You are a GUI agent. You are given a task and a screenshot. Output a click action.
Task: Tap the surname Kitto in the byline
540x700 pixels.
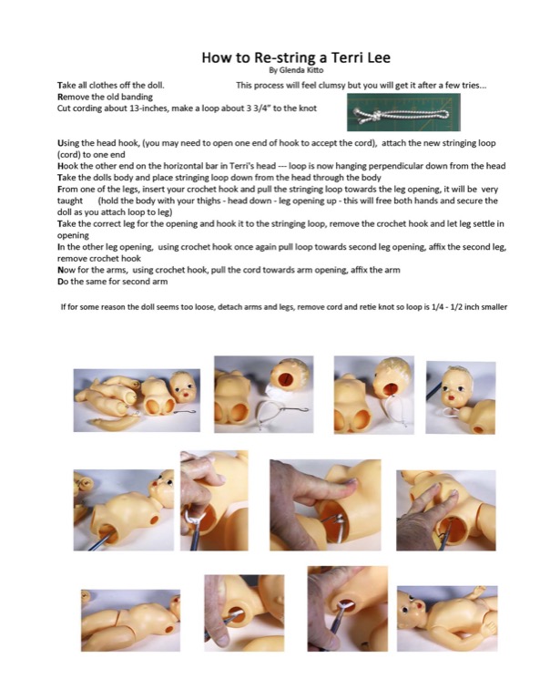(315, 70)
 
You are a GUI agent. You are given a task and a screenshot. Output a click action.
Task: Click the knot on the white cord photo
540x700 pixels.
(373, 115)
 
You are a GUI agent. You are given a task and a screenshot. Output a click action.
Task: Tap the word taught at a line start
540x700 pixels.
(70, 201)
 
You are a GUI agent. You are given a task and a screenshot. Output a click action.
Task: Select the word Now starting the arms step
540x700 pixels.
(65, 270)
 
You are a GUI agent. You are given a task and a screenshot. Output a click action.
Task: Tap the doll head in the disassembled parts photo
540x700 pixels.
(182, 387)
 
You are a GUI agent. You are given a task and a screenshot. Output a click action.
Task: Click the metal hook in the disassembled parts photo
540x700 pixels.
(184, 411)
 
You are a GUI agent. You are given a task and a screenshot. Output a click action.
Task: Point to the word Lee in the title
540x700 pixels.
(379, 57)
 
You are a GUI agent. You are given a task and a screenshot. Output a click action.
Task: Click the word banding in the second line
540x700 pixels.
(138, 97)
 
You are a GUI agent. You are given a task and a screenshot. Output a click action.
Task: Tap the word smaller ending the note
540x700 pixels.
(494, 307)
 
